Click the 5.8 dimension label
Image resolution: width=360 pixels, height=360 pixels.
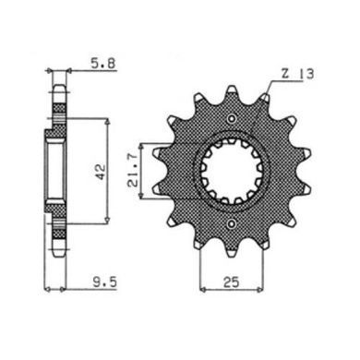[x=102, y=64]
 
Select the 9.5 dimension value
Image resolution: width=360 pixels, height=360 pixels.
[x=105, y=282]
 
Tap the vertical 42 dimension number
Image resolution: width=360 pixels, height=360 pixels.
[x=100, y=172]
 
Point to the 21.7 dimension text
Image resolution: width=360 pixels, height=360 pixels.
[x=133, y=174]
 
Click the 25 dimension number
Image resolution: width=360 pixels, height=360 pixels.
[x=232, y=282]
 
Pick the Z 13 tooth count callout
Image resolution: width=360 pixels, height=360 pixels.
[x=297, y=74]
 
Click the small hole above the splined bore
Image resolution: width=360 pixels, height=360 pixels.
[x=232, y=119]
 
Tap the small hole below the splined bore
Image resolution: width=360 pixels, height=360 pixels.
[x=232, y=224]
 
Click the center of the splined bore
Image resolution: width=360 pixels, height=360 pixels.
[x=232, y=172]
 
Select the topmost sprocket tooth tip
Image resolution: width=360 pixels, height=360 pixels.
[x=232, y=89]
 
